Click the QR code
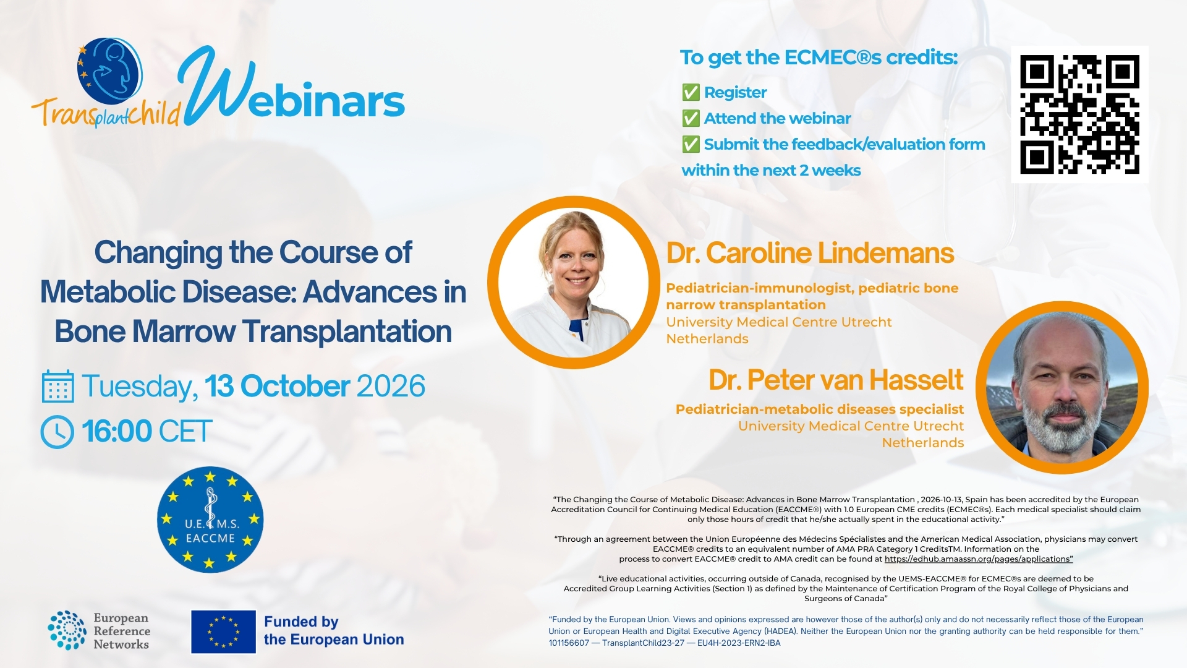coord(1079,114)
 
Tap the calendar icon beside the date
coord(58,387)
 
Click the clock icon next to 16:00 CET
coord(57,432)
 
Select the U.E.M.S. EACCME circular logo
coord(210,519)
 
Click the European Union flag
coord(223,632)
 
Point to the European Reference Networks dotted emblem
coord(67,630)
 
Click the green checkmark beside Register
coord(691,93)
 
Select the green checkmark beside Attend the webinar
coord(691,119)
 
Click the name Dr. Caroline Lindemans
coord(810,253)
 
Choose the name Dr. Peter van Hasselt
coord(836,380)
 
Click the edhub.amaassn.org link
coord(979,559)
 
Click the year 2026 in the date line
coord(391,387)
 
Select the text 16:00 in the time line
coord(117,432)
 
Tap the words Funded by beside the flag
coord(301,622)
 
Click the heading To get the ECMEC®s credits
coord(819,58)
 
